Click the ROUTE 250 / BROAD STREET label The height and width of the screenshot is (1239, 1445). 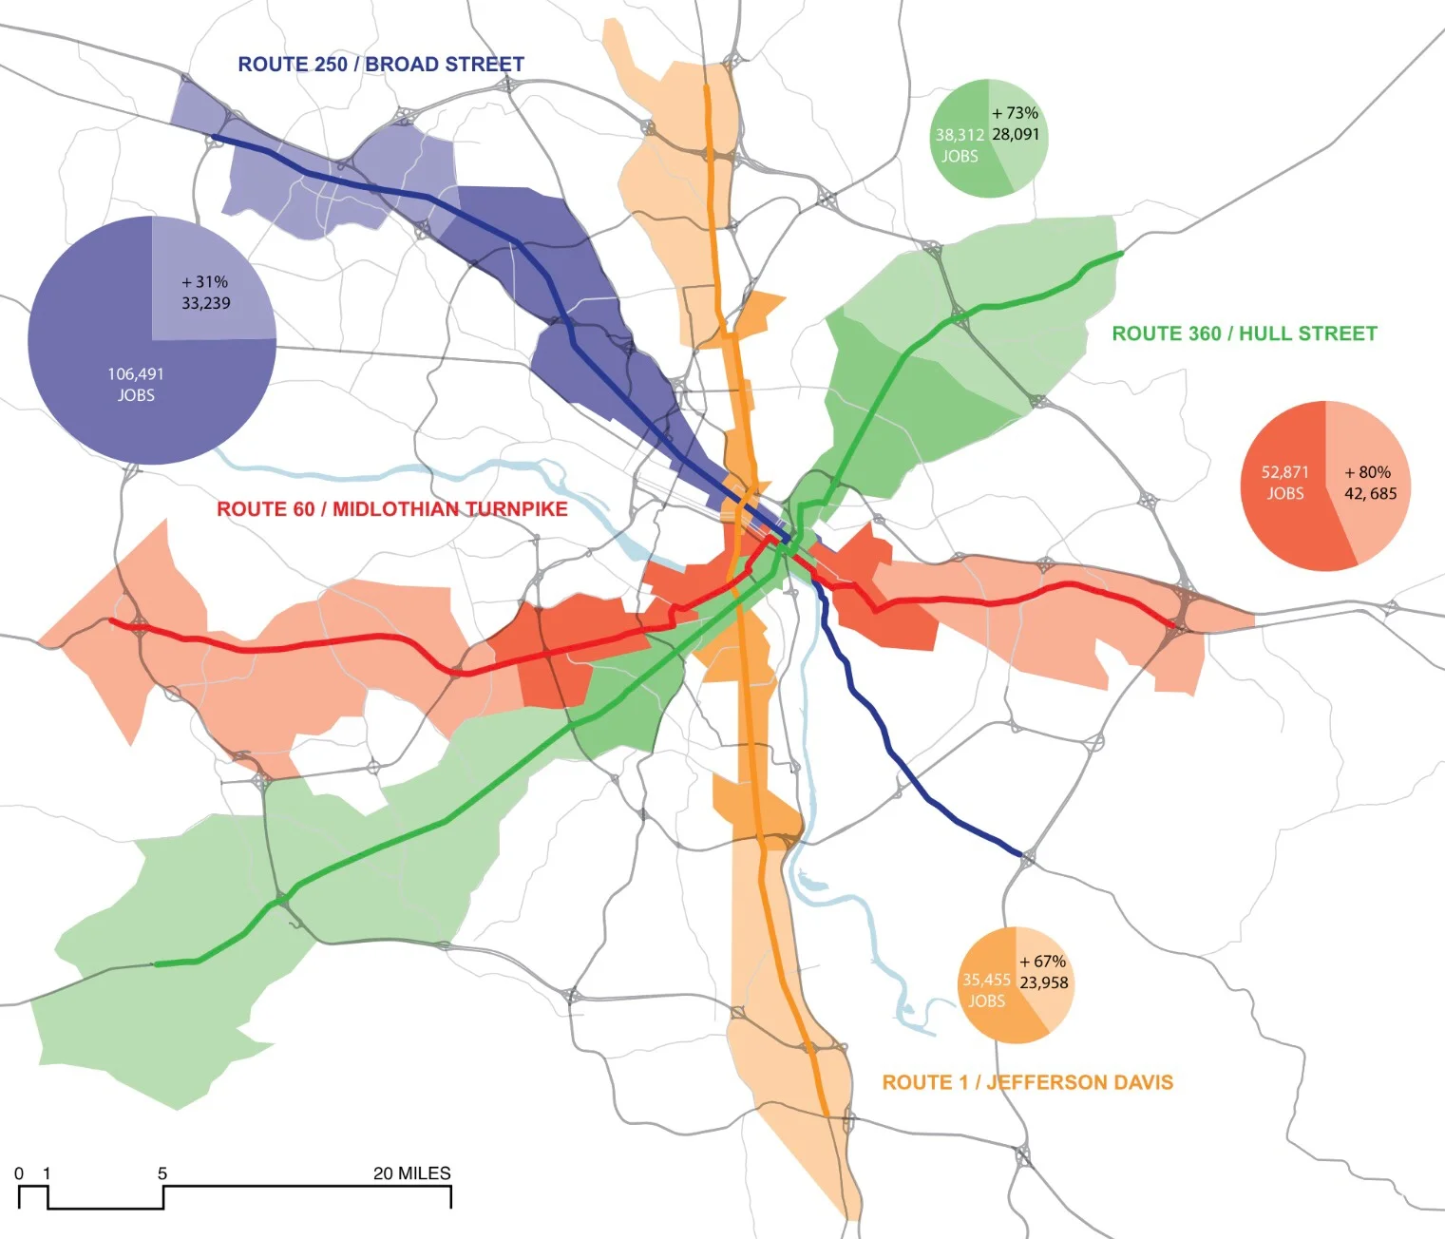(380, 65)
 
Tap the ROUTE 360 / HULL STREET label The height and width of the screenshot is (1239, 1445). (1244, 334)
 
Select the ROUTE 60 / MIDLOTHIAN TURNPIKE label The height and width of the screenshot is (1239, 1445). (391, 509)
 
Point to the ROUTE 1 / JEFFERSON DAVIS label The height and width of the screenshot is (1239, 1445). (1027, 1082)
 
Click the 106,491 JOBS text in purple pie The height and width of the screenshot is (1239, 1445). (135, 385)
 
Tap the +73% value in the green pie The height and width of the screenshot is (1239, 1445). (1015, 113)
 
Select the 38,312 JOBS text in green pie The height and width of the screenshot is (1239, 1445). (959, 145)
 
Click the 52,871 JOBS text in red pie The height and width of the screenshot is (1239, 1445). (1284, 483)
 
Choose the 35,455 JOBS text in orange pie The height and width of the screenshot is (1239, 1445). (986, 990)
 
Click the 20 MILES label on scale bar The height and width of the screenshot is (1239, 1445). (411, 1173)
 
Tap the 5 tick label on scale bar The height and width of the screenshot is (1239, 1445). (162, 1173)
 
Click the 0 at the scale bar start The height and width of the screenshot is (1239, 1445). (19, 1173)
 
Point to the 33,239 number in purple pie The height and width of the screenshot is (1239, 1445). (206, 303)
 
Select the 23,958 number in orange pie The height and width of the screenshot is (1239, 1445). (1043, 983)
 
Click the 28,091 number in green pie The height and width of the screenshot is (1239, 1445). (1016, 135)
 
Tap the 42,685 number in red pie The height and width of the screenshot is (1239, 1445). (1370, 494)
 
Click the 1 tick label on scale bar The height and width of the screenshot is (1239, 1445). (47, 1173)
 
